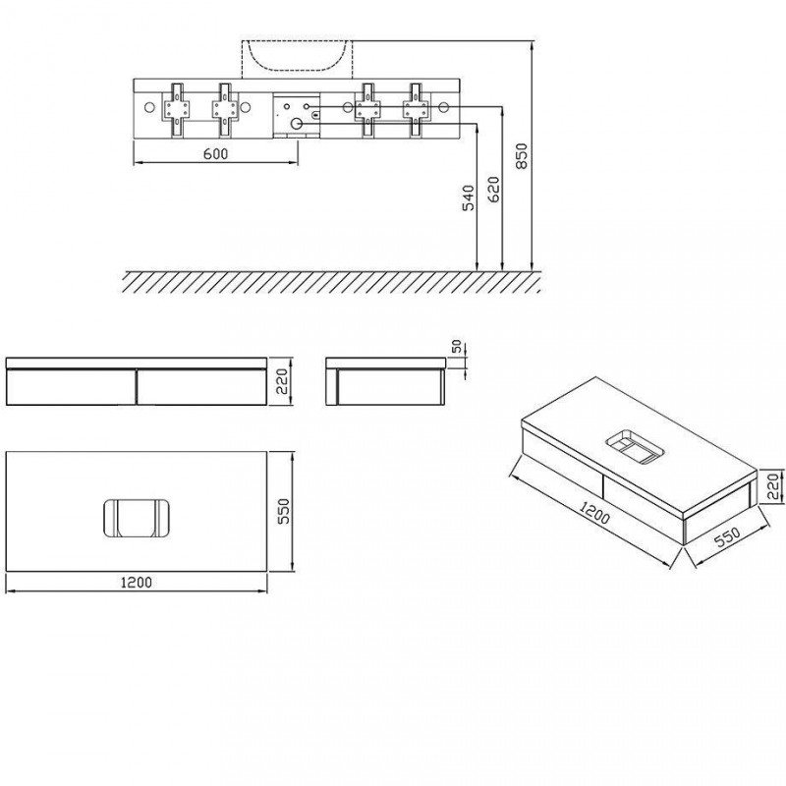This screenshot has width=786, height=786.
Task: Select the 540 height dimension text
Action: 469,197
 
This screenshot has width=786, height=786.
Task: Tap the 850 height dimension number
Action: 523,156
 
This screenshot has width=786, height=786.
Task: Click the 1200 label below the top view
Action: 137,583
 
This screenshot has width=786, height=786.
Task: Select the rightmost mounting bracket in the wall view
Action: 416,107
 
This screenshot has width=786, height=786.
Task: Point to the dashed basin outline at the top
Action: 294,57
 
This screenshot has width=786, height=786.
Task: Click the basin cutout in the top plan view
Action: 136,519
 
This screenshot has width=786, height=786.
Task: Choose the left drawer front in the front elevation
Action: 71,386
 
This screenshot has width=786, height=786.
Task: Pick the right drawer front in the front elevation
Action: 200,386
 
